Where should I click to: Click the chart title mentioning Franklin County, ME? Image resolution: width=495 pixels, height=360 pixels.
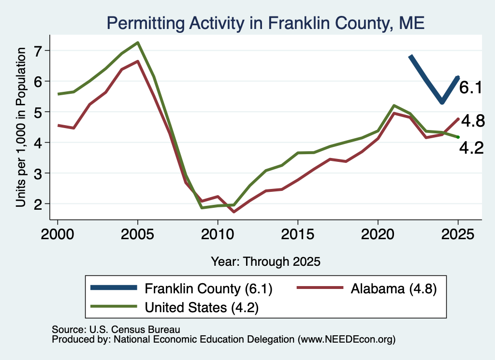click(265, 23)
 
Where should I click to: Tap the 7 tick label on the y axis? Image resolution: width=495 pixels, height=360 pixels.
click(38, 51)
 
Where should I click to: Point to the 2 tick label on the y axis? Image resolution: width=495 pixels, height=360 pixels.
click(38, 204)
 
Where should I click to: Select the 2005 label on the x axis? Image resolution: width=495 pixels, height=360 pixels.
click(137, 234)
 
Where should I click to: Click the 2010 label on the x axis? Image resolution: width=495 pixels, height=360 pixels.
click(218, 234)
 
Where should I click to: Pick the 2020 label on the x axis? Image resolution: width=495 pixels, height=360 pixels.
click(378, 234)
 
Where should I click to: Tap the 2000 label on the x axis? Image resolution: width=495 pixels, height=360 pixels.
click(58, 234)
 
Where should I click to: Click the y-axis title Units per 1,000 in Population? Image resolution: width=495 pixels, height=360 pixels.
click(21, 127)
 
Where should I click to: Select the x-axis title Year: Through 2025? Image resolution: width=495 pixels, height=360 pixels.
click(265, 261)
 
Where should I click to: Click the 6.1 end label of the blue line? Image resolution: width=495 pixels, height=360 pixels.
click(471, 87)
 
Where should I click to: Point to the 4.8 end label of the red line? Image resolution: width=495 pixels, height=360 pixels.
click(473, 121)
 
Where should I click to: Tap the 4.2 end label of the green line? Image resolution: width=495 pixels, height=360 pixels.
click(471, 148)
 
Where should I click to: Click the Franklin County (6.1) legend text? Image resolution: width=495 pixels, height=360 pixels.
click(208, 288)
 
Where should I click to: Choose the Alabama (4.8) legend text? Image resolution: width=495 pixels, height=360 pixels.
click(393, 288)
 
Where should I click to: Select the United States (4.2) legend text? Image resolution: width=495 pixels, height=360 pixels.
click(202, 307)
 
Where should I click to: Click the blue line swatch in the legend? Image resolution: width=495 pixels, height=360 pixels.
click(114, 288)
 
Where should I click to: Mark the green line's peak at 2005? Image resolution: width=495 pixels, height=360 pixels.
click(138, 43)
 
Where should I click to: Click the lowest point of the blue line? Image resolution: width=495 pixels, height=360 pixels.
click(442, 102)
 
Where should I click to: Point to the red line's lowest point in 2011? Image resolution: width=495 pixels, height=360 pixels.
click(233, 212)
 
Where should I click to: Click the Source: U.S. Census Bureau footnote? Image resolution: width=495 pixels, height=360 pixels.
click(116, 330)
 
